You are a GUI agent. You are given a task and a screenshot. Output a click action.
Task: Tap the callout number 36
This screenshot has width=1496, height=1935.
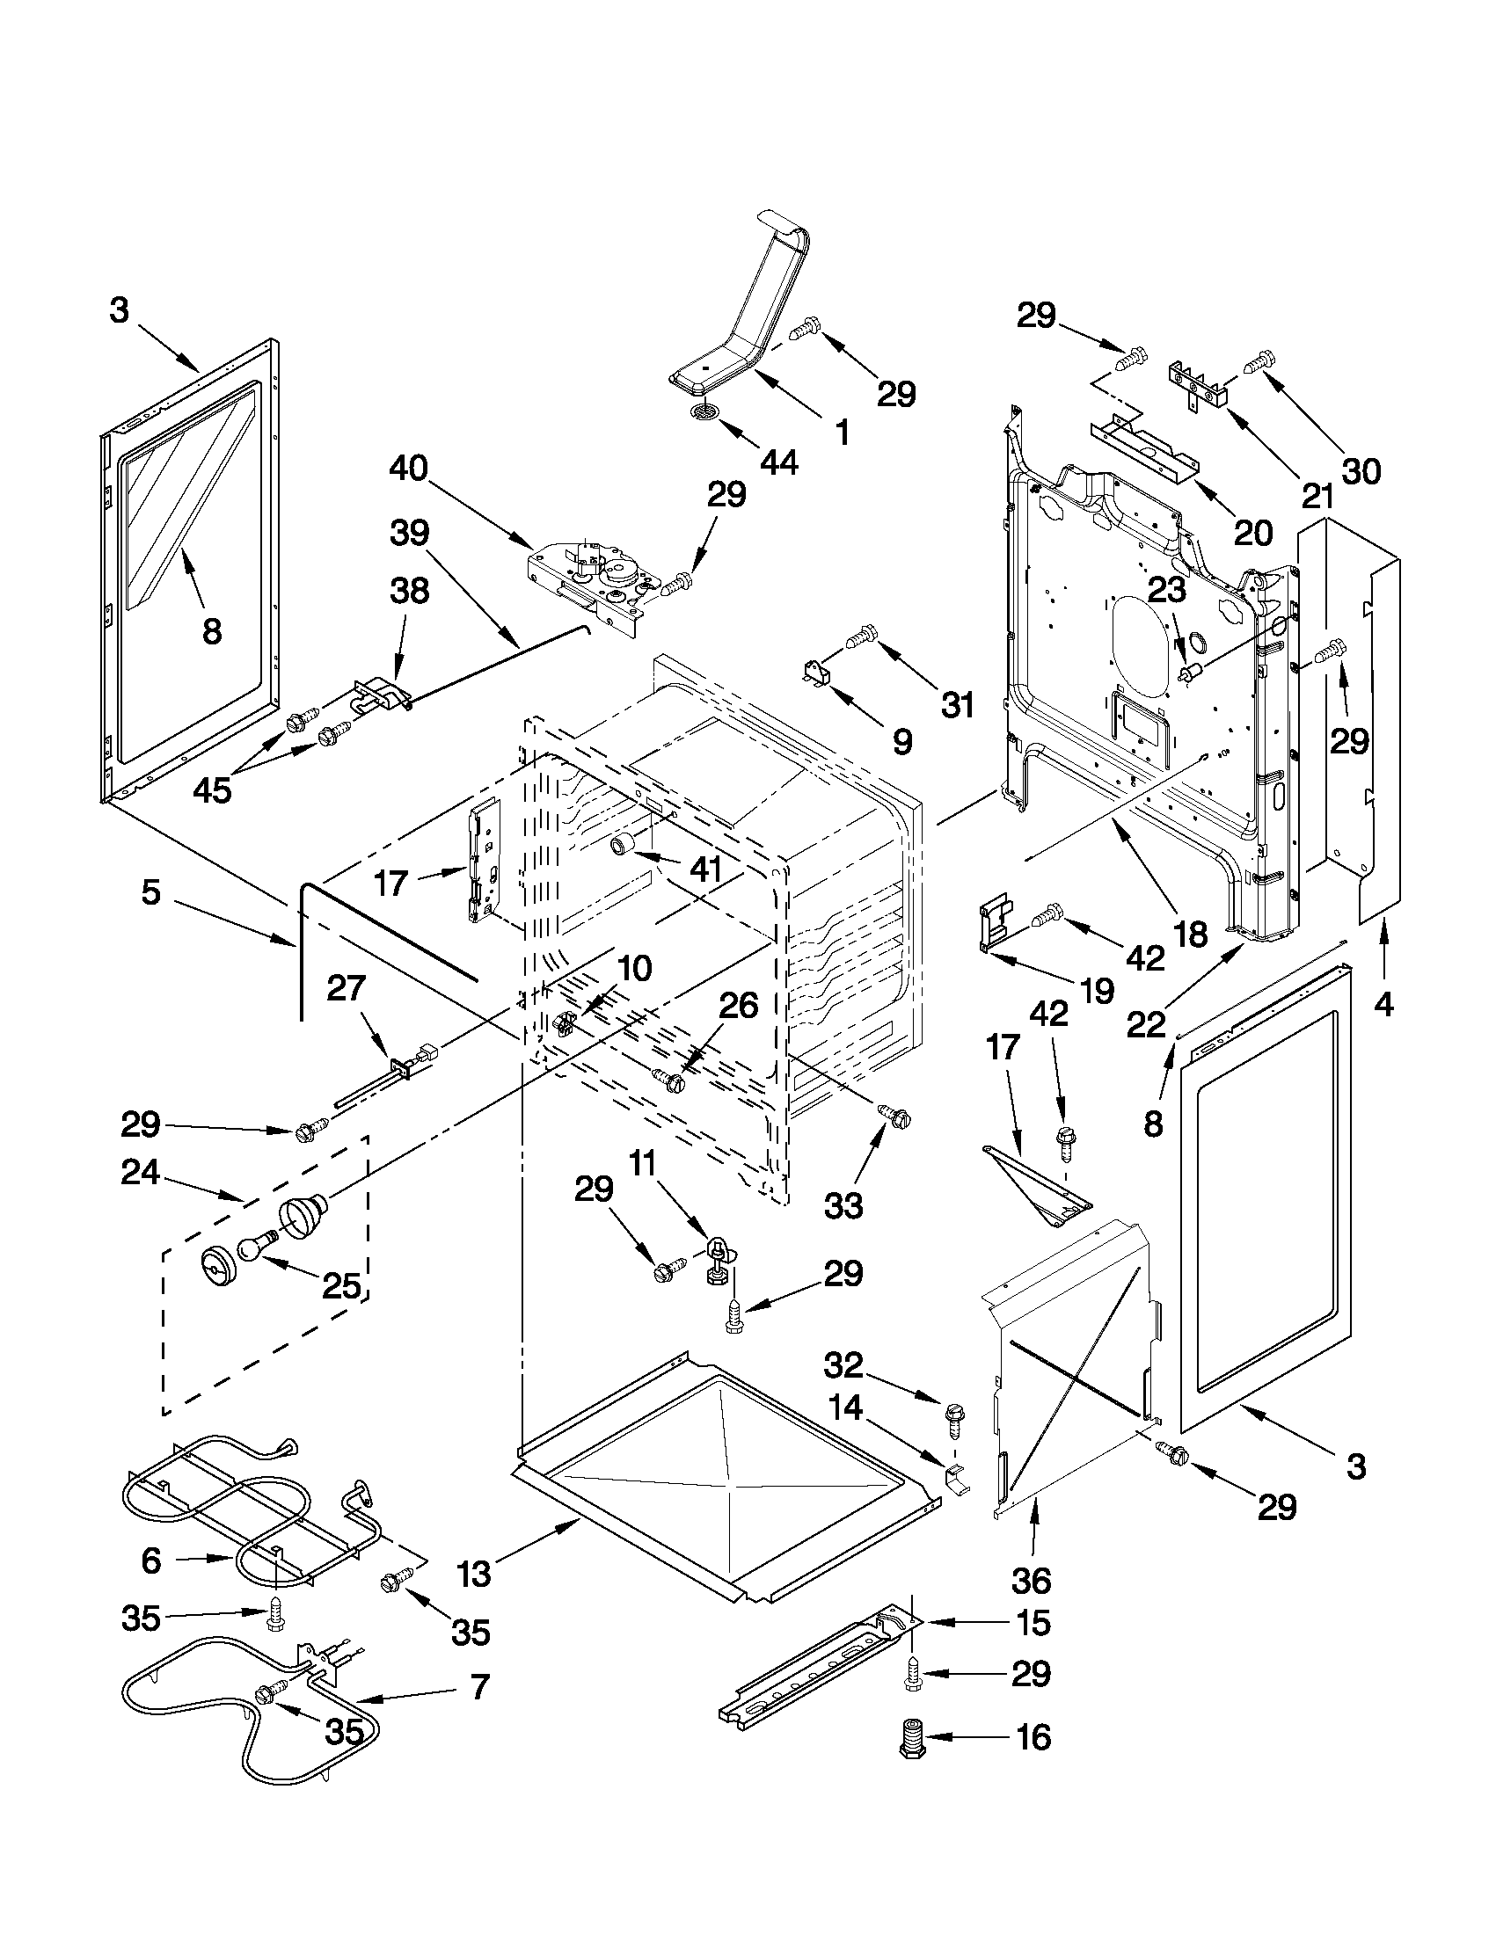click(x=1031, y=1580)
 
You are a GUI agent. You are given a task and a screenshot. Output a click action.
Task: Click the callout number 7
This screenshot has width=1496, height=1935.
click(x=479, y=1688)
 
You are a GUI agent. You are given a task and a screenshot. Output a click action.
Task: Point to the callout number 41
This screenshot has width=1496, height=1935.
click(x=705, y=869)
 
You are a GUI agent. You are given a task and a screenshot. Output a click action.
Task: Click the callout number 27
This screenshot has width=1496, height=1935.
click(x=347, y=988)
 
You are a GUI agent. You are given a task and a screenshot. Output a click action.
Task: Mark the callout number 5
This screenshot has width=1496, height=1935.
click(x=151, y=892)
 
